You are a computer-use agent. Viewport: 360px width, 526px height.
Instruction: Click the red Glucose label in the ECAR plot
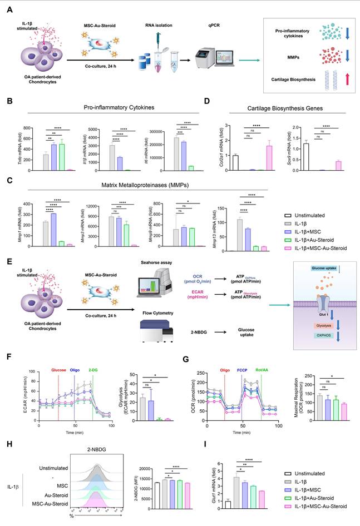pyautogui.click(x=59, y=368)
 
